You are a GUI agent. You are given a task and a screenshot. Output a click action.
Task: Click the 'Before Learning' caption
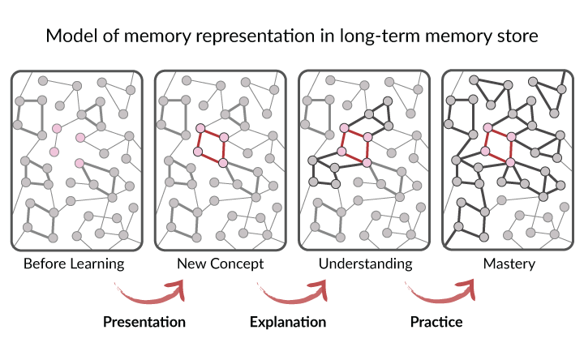click(x=74, y=264)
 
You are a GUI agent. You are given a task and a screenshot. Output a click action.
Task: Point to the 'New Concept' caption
click(x=221, y=264)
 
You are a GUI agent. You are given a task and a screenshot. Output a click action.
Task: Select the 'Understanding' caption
click(x=365, y=264)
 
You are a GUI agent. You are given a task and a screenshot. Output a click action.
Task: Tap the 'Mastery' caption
click(x=508, y=264)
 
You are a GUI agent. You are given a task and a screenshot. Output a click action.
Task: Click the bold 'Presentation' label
click(x=144, y=322)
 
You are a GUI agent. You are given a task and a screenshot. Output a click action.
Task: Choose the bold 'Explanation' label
click(x=287, y=322)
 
